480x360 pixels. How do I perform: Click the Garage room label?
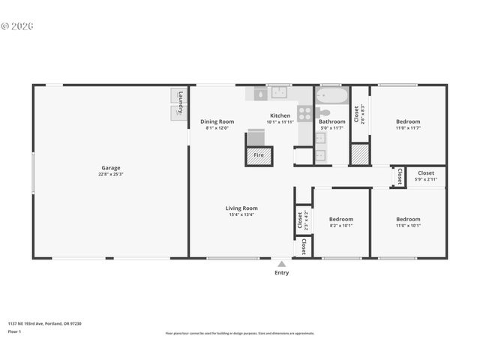(x=111, y=168)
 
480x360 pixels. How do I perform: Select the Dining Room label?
(x=217, y=121)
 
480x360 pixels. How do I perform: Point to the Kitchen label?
(x=280, y=115)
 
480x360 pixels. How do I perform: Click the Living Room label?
(x=241, y=208)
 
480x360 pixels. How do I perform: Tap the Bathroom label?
(x=331, y=121)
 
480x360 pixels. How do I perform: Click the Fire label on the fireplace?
(x=259, y=155)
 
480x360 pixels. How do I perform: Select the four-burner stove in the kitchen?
(x=304, y=114)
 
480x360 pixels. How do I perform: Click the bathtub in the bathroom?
(x=331, y=96)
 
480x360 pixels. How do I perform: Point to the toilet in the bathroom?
(x=325, y=113)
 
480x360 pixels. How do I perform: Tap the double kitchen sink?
(x=279, y=93)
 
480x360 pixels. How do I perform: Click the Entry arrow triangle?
(x=281, y=264)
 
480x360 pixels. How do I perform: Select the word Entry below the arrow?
(x=281, y=273)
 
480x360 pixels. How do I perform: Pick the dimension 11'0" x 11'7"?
(x=408, y=128)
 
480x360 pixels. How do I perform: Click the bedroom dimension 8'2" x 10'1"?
(x=341, y=226)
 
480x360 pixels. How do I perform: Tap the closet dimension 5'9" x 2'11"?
(x=425, y=180)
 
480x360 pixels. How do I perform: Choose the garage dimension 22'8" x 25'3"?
(x=111, y=174)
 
